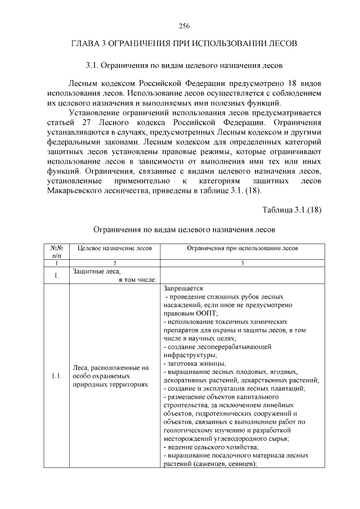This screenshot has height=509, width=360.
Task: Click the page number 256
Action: pos(183,26)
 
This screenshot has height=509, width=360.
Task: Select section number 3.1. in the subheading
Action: pos(92,66)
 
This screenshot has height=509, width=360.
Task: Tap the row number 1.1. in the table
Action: pos(56,376)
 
